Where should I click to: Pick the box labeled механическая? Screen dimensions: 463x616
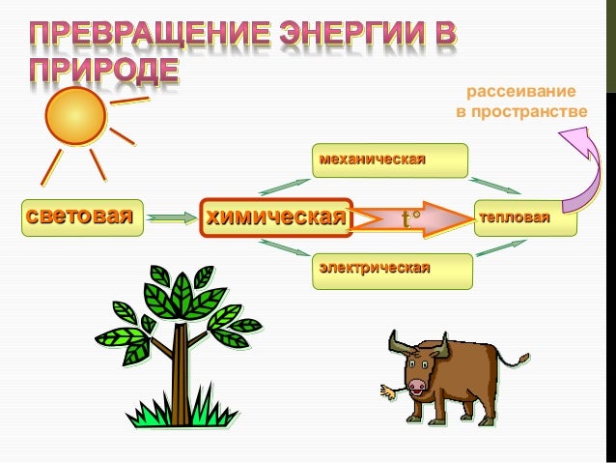[389, 159]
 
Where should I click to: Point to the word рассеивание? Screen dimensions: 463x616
[521, 93]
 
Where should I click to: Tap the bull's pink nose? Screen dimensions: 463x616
[417, 385]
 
